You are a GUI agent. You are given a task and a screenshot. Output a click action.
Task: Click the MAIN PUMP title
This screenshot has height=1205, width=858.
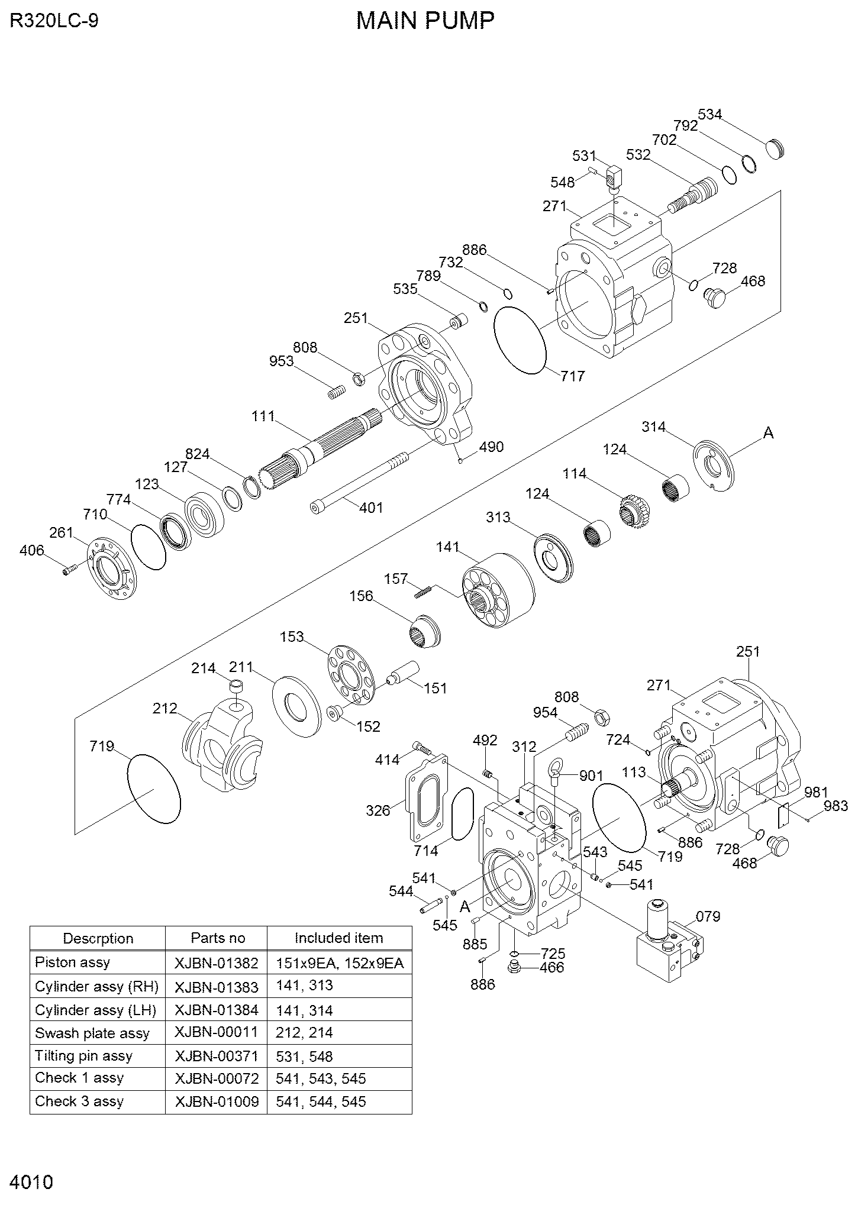coord(425,21)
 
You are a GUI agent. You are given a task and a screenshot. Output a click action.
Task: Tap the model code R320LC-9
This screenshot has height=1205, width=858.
coord(54,21)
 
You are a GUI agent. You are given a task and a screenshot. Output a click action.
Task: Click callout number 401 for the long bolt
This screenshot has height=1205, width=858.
coord(371,507)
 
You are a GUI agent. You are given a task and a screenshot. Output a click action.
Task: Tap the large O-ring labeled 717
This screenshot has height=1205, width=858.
coord(520,340)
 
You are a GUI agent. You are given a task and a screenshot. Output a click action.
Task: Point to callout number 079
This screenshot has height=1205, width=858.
coord(708,916)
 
